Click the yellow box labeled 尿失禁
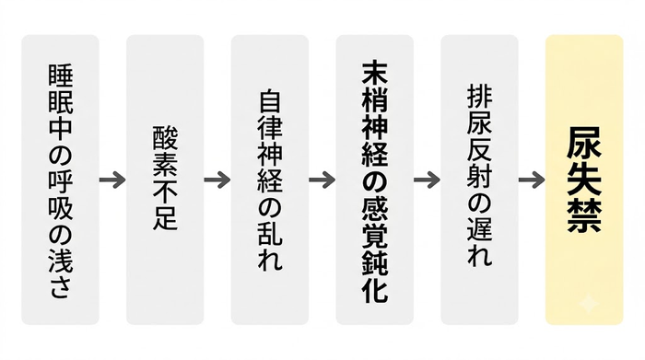pyautogui.click(x=584, y=180)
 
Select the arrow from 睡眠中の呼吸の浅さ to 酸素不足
pyautogui.click(x=112, y=180)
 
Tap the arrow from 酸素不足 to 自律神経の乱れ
pyautogui.click(x=217, y=180)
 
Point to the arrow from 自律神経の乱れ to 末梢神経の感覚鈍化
pyautogui.click(x=322, y=180)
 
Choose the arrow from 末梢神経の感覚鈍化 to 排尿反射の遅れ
pyautogui.click(x=427, y=180)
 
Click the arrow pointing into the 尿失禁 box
pyautogui.click(x=532, y=180)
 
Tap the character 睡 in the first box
pyautogui.click(x=61, y=76)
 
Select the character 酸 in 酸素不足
pyautogui.click(x=165, y=138)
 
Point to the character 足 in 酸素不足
pyautogui.click(x=165, y=216)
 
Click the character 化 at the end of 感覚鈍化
pyautogui.click(x=375, y=289)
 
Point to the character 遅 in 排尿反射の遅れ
pyautogui.click(x=480, y=228)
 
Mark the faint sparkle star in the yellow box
pyautogui.click(x=589, y=305)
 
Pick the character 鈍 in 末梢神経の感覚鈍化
pyautogui.click(x=375, y=262)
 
